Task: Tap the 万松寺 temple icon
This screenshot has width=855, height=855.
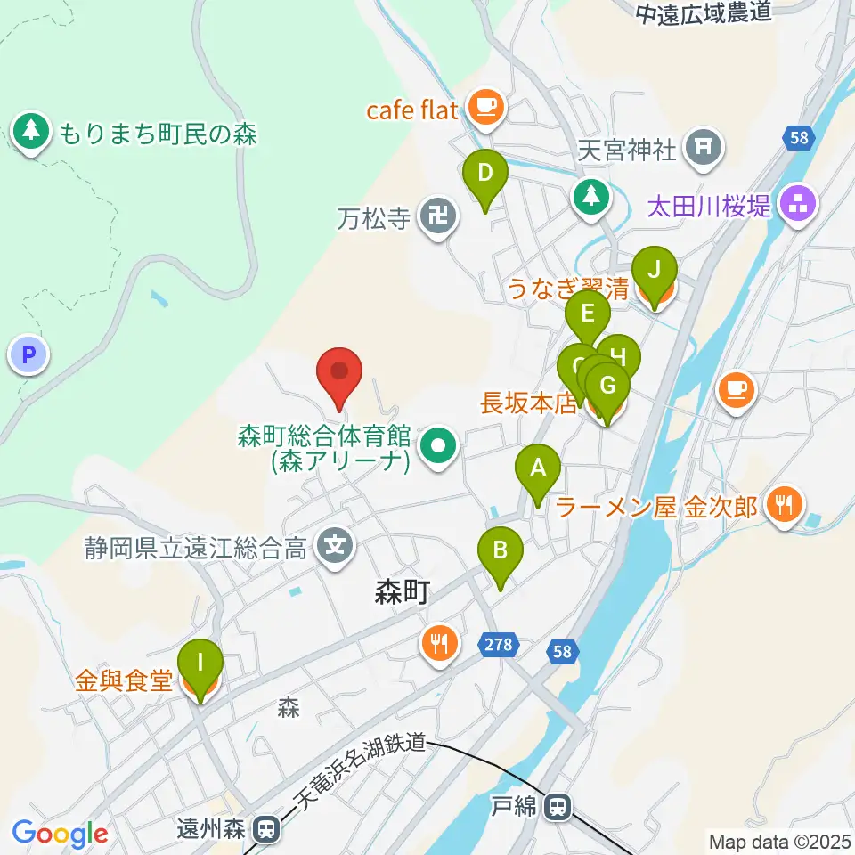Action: (437, 216)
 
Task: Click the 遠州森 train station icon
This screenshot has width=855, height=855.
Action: (265, 829)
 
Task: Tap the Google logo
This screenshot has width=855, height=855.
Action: (60, 834)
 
